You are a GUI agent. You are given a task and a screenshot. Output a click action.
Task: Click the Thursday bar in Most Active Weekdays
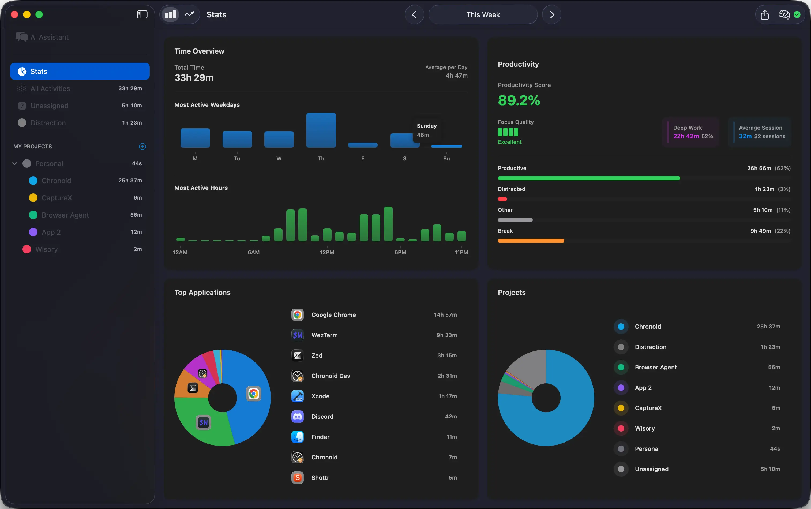(321, 130)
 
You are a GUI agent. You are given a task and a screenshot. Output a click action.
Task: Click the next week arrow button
(551, 14)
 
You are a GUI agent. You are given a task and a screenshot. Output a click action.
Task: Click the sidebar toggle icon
(142, 14)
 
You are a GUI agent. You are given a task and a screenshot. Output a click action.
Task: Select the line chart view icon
(189, 14)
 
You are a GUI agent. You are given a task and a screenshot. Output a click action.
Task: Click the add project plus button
(142, 147)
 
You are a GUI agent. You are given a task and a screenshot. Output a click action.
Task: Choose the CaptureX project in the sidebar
(57, 198)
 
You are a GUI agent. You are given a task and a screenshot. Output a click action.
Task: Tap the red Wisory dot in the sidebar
(27, 249)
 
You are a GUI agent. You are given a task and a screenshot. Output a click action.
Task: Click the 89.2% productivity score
(519, 100)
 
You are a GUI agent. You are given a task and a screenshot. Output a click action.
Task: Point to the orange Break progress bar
(531, 241)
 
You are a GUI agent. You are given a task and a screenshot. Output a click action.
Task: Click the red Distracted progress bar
(502, 199)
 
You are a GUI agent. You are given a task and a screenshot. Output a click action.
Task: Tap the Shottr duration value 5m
(453, 478)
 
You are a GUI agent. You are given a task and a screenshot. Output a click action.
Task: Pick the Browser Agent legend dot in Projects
(621, 367)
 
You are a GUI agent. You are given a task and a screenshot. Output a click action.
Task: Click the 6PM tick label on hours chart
(400, 252)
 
